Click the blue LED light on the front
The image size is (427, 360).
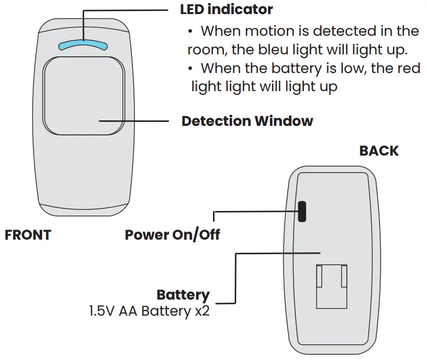point(83,45)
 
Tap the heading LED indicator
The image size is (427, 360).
point(227,9)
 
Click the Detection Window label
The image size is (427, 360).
point(247,121)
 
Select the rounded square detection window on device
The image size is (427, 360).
point(84,96)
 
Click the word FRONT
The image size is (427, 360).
point(28,235)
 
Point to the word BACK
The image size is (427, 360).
point(379,151)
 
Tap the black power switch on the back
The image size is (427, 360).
point(302,211)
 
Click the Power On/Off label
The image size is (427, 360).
point(172,235)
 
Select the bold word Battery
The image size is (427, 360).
point(183,295)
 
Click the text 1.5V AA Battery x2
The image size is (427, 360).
point(149,311)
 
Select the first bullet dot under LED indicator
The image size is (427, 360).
point(191,32)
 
